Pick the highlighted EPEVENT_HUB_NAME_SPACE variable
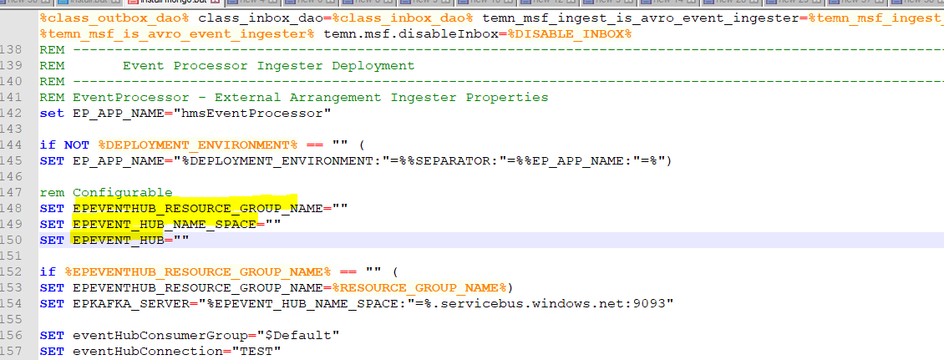click(x=164, y=224)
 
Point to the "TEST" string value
click(x=255, y=351)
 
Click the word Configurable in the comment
click(x=122, y=192)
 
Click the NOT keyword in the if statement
click(x=76, y=145)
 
